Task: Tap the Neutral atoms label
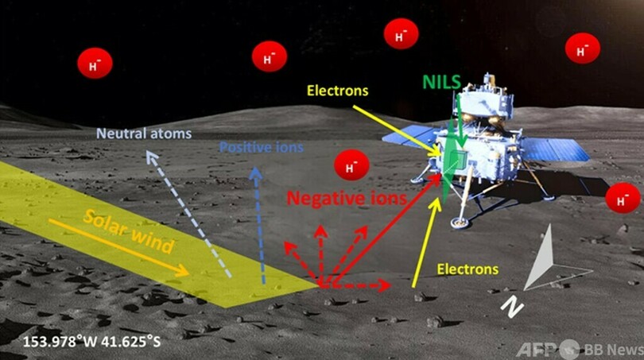coord(144,134)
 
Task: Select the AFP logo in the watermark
coord(537,349)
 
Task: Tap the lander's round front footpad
coord(459,222)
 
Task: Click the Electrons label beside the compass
coord(467,269)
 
